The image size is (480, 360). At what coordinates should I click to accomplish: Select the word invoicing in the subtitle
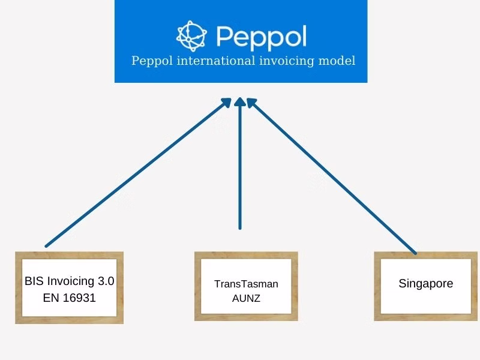pyautogui.click(x=290, y=61)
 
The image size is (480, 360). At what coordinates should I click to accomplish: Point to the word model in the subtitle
pyautogui.click(x=339, y=61)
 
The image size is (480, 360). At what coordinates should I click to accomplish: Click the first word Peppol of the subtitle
pyautogui.click(x=150, y=61)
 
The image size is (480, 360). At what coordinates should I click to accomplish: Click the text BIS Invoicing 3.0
pyautogui.click(x=69, y=281)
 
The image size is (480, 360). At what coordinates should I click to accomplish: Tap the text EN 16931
pyautogui.click(x=70, y=297)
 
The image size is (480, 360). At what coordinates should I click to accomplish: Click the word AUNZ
pyautogui.click(x=246, y=298)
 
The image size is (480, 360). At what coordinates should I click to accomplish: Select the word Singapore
pyautogui.click(x=426, y=284)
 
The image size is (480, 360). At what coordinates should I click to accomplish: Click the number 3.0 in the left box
pyautogui.click(x=106, y=281)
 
